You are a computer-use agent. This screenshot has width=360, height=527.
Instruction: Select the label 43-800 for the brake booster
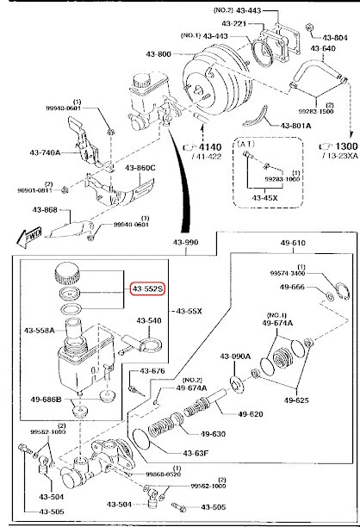(x=159, y=55)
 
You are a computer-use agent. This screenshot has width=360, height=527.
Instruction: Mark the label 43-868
(x=46, y=210)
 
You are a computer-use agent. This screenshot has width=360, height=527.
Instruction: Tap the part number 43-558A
(x=41, y=330)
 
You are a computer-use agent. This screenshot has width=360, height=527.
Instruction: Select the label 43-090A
(x=235, y=356)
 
